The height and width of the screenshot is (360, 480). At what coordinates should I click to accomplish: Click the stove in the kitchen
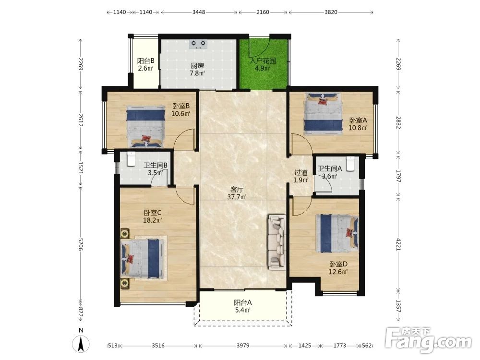coord(199,44)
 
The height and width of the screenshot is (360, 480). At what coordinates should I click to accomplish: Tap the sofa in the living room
coord(277,242)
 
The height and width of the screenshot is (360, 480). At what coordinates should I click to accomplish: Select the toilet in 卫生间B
coord(131,159)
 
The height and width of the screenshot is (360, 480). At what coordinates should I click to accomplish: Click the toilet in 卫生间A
coord(350,164)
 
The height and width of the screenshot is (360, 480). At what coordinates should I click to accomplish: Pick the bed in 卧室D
coord(337,233)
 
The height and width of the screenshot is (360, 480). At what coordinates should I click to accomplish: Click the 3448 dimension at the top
coord(199,12)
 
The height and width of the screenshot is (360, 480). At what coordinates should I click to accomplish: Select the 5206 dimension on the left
coord(81,244)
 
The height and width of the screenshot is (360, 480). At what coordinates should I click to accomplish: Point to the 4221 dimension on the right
coord(398,244)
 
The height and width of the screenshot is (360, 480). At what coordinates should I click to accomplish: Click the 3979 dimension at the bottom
coord(243,346)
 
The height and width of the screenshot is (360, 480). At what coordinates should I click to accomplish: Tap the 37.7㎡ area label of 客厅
coord(237,197)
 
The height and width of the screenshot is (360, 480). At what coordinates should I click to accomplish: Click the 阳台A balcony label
coord(243,303)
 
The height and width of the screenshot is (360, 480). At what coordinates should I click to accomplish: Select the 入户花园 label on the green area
coord(263,60)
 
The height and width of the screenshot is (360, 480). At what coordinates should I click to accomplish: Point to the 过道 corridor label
coord(301,173)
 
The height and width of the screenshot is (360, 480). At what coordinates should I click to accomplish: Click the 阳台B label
coord(145,61)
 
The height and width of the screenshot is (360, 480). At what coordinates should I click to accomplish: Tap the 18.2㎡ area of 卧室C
coord(153,220)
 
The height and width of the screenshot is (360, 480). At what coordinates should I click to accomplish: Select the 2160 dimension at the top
coord(263,12)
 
